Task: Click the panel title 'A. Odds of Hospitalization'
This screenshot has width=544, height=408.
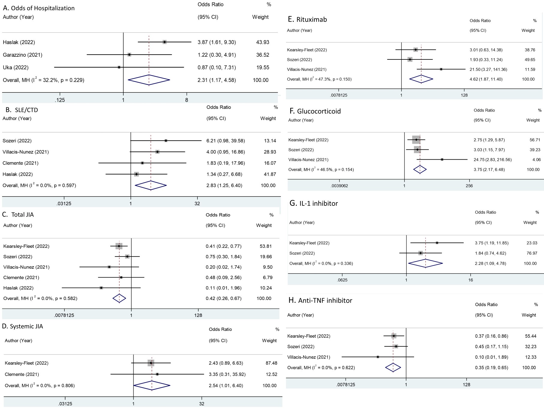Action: [x=39, y=8]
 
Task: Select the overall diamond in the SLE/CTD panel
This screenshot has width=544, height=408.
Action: [x=151, y=185]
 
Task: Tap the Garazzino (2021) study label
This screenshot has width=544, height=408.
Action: [x=23, y=55]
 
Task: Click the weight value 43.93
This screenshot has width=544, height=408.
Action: [x=263, y=42]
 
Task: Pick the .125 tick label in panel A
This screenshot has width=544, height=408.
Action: [x=60, y=100]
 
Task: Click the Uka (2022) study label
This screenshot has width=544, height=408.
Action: [x=16, y=67]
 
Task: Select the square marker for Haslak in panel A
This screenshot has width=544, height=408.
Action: [x=164, y=42]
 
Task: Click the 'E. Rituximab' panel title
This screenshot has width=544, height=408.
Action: [x=307, y=19]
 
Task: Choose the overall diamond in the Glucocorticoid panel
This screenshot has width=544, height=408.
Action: [x=420, y=169]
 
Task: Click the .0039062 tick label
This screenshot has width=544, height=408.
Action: [x=339, y=186]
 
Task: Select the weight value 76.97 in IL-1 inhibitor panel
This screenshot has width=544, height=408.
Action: [x=532, y=253]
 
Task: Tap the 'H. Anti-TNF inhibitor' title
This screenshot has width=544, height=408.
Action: [x=320, y=301]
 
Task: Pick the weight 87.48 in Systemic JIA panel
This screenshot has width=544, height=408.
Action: [x=271, y=363]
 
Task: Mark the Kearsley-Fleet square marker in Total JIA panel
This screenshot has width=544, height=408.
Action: [x=119, y=246]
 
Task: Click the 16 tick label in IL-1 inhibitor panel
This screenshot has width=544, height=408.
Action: [x=470, y=280]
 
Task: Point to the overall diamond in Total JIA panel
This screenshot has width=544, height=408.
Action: [x=119, y=298]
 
